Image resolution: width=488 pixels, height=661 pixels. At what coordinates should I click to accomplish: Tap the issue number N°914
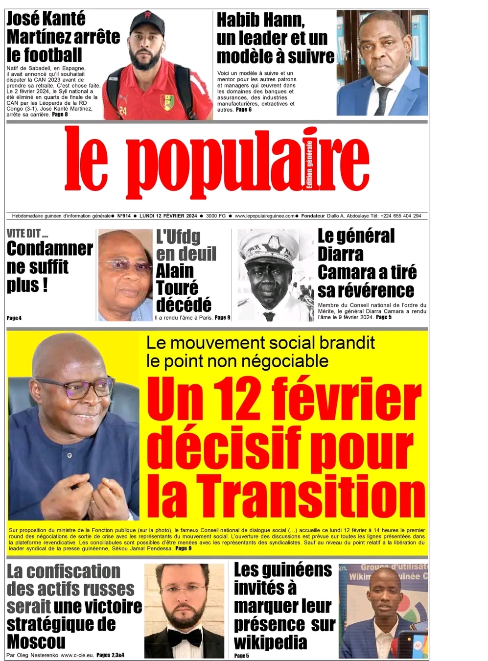124,216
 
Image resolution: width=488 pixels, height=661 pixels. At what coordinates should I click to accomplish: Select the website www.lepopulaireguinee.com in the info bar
264,216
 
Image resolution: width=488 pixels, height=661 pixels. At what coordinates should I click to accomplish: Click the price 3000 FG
216,216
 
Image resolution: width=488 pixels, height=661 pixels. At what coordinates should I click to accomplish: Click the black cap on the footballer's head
148,22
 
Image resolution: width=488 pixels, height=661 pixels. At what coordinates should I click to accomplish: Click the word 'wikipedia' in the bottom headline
270,642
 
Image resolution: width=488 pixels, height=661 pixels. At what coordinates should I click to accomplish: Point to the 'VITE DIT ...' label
27,234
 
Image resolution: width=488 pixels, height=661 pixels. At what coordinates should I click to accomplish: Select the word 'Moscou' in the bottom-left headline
36,641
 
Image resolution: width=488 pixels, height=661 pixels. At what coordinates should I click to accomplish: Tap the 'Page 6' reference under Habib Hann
244,110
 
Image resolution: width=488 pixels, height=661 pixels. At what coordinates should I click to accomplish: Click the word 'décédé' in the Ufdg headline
184,305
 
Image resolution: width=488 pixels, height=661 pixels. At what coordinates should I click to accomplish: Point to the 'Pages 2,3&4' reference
110,655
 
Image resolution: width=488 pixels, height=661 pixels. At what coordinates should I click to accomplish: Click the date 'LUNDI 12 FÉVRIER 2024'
168,216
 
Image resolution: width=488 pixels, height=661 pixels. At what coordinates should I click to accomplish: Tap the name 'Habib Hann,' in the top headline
260,21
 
